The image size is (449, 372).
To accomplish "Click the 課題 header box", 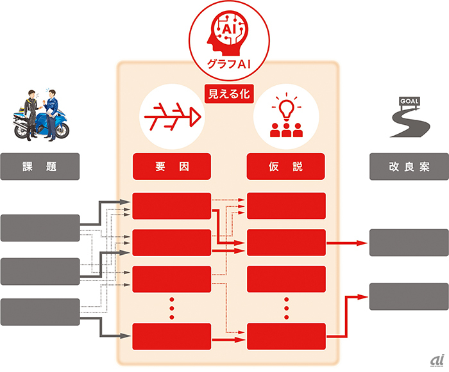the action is pyautogui.click(x=40, y=166).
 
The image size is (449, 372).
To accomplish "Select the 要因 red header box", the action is pyautogui.click(x=172, y=166).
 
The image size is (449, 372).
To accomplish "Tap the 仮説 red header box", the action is pyautogui.click(x=286, y=166).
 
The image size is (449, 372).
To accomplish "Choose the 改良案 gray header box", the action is pyautogui.click(x=409, y=166).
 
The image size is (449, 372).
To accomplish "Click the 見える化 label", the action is pyautogui.click(x=229, y=93).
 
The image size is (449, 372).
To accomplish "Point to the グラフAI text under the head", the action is pyautogui.click(x=229, y=64).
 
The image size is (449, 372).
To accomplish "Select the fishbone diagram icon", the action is pyautogui.click(x=173, y=117).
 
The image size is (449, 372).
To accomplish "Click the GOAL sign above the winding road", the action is pyautogui.click(x=409, y=101).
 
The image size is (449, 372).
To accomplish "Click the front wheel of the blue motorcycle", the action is pyautogui.click(x=62, y=130).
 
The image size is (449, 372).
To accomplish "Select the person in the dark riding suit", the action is pyautogui.click(x=31, y=115).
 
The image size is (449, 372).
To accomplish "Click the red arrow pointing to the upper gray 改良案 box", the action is pyautogui.click(x=347, y=243).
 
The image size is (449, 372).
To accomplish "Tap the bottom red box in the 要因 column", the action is pyautogui.click(x=172, y=337).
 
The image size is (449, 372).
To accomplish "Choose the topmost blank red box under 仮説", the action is pyautogui.click(x=286, y=206).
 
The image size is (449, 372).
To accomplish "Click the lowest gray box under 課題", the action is pyautogui.click(x=40, y=312).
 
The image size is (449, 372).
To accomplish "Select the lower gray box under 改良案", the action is pyautogui.click(x=409, y=296).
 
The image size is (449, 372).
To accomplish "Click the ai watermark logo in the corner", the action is pyautogui.click(x=437, y=360).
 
